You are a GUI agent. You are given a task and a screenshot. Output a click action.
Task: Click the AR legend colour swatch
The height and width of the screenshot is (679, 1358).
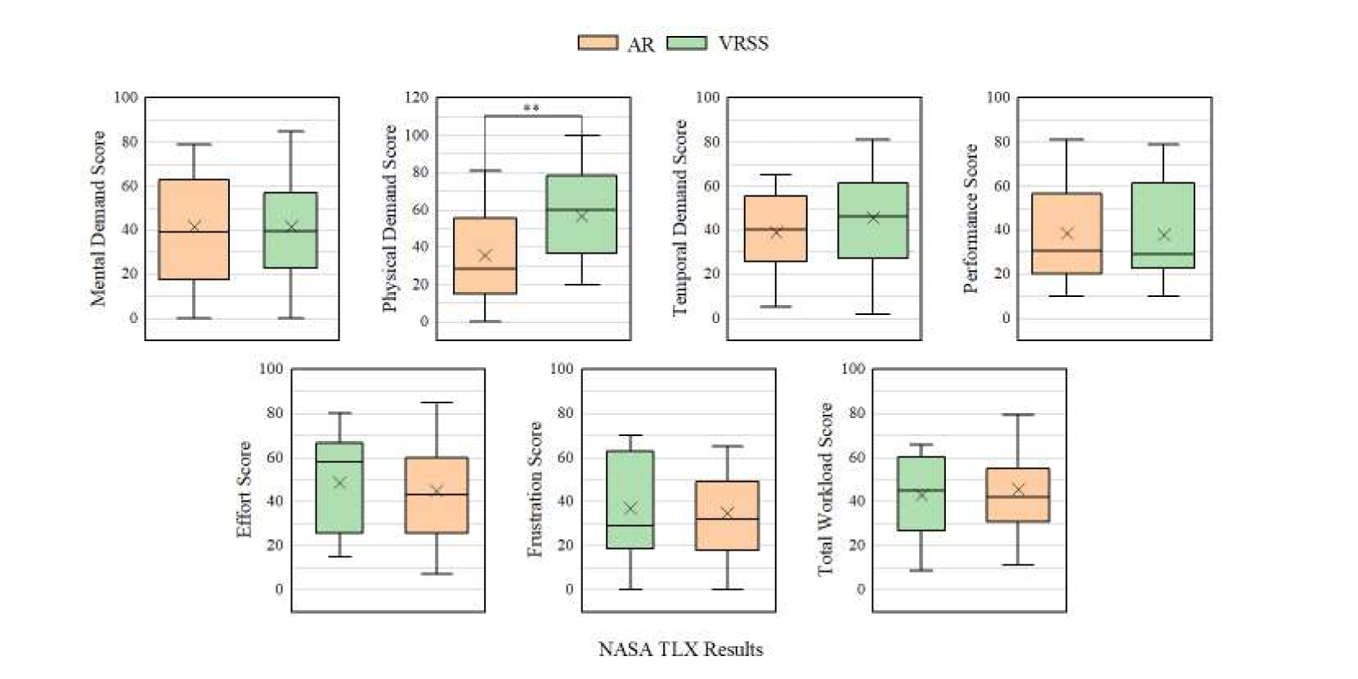[598, 43]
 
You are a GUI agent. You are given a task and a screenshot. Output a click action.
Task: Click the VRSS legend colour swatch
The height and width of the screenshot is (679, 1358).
[687, 43]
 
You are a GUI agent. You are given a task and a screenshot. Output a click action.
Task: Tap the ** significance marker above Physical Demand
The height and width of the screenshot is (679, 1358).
[531, 109]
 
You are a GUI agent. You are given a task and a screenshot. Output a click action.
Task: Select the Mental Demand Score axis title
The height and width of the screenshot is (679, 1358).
[98, 218]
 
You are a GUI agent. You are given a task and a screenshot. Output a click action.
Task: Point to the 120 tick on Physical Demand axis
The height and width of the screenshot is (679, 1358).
[417, 97]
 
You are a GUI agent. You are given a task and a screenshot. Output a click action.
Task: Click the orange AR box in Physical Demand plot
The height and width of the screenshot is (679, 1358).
[485, 255]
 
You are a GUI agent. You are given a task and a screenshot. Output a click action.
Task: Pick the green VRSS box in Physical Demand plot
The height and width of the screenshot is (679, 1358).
[581, 214]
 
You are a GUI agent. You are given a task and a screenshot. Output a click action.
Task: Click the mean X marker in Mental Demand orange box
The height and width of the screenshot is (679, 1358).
[195, 227]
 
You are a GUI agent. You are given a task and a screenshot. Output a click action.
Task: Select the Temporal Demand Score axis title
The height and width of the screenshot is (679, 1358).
[679, 218]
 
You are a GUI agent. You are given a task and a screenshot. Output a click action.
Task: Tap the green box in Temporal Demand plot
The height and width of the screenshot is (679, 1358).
[873, 220]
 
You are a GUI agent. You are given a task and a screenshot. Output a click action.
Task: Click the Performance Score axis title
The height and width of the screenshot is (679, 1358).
[970, 218]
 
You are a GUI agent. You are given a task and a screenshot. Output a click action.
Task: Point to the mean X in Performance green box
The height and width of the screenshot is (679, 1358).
[1163, 235]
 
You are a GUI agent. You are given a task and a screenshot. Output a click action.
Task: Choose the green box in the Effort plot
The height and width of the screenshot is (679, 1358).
[339, 488]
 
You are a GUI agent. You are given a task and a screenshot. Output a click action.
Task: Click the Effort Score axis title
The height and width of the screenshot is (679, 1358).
[244, 489]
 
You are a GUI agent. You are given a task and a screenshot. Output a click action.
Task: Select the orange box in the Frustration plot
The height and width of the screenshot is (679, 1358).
[727, 515]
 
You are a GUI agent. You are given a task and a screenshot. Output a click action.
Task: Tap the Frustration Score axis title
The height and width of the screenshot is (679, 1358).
[535, 489]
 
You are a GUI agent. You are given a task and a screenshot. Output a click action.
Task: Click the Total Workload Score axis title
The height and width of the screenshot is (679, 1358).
[826, 489]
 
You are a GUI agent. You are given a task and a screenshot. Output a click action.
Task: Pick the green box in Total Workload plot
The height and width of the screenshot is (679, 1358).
[921, 493]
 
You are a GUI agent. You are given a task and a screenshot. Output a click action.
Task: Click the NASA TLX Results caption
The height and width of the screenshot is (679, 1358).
[680, 650]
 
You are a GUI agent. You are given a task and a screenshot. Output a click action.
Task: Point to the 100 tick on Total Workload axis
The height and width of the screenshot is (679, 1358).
[853, 369]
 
